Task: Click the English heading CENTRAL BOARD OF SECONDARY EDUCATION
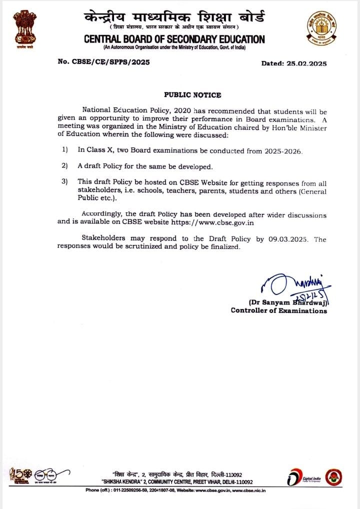coord(174,39)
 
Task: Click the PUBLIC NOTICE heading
coord(192,95)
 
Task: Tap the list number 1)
coord(64,149)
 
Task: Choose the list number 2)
coord(64,165)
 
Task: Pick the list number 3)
coord(64,181)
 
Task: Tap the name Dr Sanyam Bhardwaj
coord(287,302)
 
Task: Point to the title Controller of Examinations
coord(278,310)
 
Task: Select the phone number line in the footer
coord(175,490)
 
